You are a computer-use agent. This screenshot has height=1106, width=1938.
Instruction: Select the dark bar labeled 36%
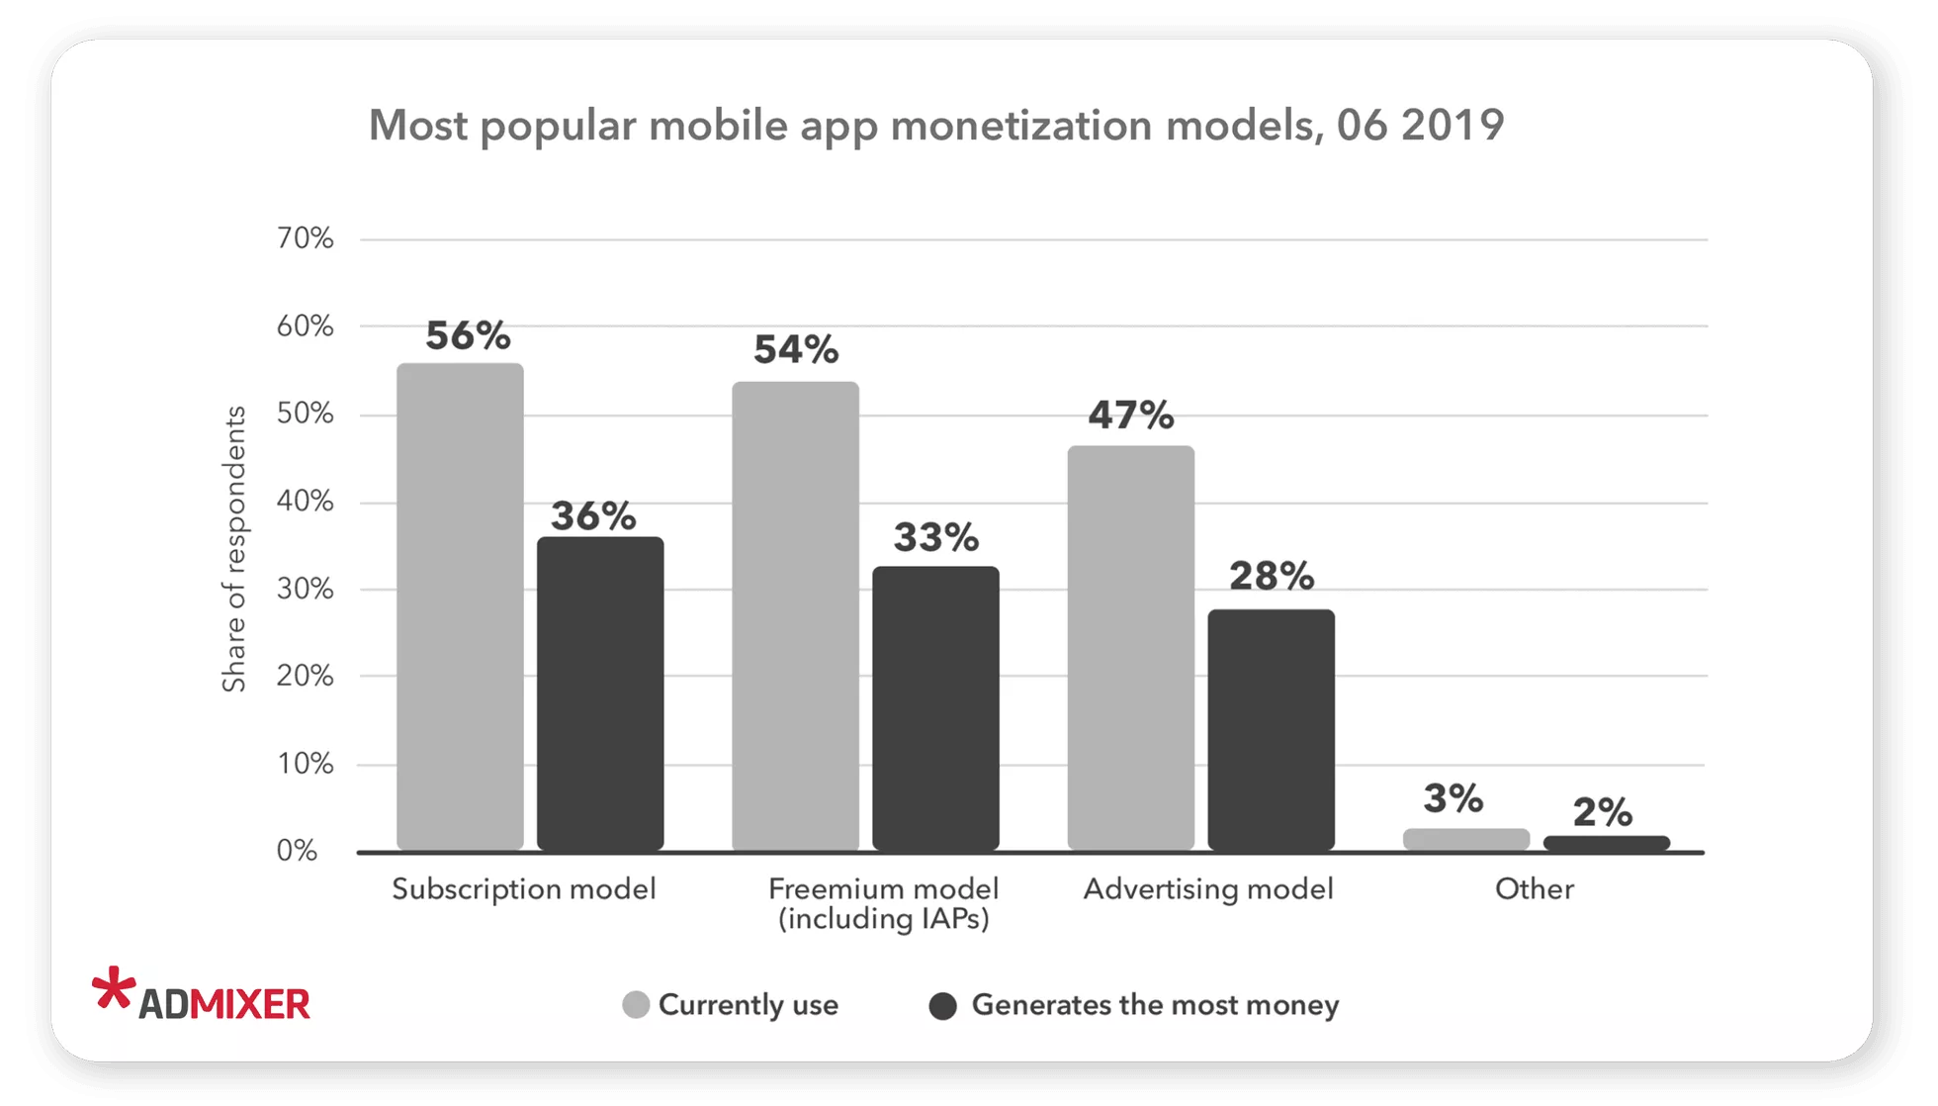coord(600,692)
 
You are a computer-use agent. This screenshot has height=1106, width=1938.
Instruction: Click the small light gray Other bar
coord(1465,839)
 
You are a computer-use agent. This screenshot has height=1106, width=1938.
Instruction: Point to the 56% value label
coord(468,336)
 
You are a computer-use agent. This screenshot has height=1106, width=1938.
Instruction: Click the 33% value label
coord(935,537)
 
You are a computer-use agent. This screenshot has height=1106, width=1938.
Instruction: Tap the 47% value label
coord(1130,415)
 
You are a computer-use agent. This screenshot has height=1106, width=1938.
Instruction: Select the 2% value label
coord(1602,812)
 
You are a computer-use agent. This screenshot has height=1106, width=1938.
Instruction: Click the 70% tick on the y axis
coord(305,238)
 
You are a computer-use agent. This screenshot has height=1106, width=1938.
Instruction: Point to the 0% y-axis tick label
coord(297,851)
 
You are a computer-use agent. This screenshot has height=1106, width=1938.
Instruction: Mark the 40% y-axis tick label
coord(305,501)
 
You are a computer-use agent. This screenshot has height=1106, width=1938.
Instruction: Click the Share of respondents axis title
coord(233,549)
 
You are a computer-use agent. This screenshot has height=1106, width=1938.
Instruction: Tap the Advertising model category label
coord(1207,888)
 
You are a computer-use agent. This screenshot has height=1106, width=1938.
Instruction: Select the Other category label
coord(1534,888)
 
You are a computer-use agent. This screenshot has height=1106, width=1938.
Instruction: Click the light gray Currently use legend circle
coord(636,1005)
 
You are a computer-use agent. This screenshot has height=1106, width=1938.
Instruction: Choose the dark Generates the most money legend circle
coord(943,1006)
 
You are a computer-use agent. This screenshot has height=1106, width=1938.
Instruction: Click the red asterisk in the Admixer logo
coord(113,988)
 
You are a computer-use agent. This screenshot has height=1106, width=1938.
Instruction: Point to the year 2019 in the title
coord(1453,126)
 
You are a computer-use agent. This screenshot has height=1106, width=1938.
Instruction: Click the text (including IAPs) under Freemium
coord(883,919)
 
